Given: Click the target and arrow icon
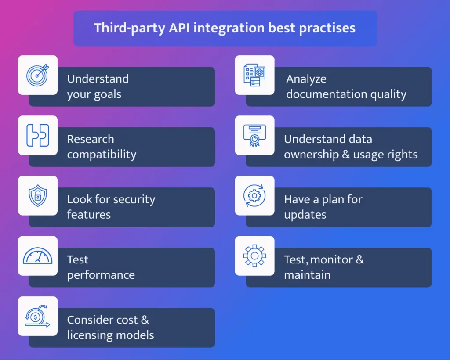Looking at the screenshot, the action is (38, 75).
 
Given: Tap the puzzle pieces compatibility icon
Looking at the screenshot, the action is (38, 135).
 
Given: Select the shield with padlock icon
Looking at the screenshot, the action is (38, 195).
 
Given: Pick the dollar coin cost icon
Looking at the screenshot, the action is (37, 316).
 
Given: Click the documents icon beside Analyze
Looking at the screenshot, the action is (254, 75).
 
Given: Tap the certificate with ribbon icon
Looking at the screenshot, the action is (254, 136).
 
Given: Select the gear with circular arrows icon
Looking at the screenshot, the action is (254, 195).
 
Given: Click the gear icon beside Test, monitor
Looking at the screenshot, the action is (254, 256).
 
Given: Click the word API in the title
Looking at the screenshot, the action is (179, 28).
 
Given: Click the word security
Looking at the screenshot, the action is (134, 199).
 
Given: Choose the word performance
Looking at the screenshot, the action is (101, 275).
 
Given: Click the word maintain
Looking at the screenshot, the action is (307, 275).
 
